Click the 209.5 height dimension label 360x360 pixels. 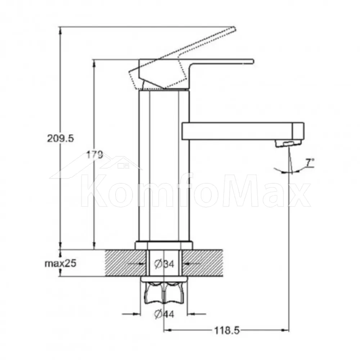[x=60, y=138]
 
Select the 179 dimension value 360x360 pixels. [x=95, y=154]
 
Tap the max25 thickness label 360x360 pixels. [x=60, y=264]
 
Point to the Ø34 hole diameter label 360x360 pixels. [x=165, y=264]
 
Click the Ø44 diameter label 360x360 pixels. [x=164, y=314]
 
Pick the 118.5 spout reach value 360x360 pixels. [x=227, y=330]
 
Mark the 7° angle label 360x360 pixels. [x=310, y=162]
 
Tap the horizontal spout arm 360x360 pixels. [x=243, y=131]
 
